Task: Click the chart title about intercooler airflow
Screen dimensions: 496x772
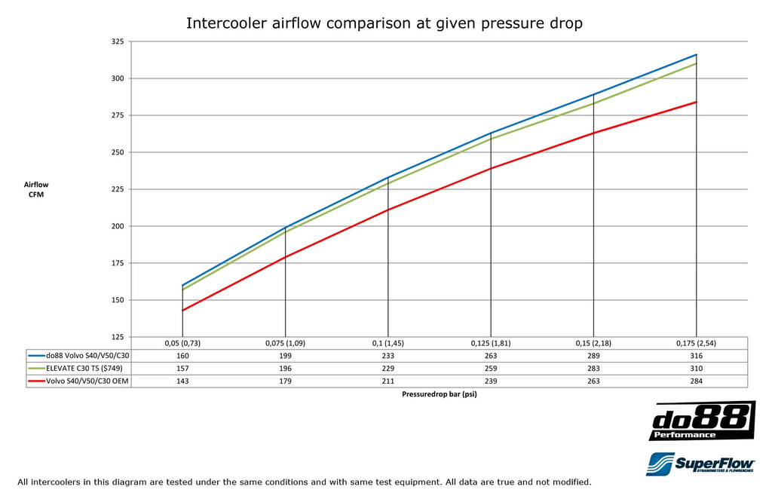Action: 384,23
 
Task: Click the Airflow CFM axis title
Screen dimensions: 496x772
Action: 36,189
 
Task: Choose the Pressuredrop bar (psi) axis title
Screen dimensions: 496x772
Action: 439,394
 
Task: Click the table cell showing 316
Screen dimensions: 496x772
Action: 696,355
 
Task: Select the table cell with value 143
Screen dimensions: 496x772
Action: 182,381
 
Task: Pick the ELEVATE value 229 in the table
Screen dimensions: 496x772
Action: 388,368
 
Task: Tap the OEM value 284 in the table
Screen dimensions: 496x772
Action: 696,381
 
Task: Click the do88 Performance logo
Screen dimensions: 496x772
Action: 702,421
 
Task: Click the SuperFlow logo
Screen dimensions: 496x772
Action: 700,464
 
